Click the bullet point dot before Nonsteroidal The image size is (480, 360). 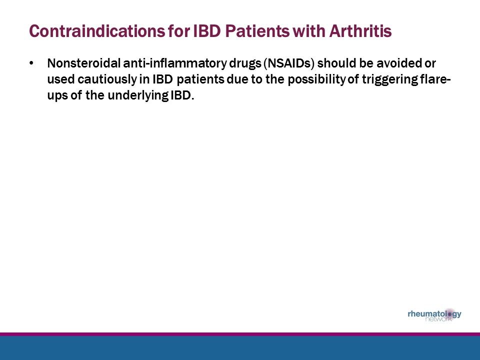coord(32,63)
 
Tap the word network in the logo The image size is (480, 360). coord(438,320)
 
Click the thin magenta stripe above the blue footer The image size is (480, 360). coord(240,334)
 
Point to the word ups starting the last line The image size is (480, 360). coord(56,95)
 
